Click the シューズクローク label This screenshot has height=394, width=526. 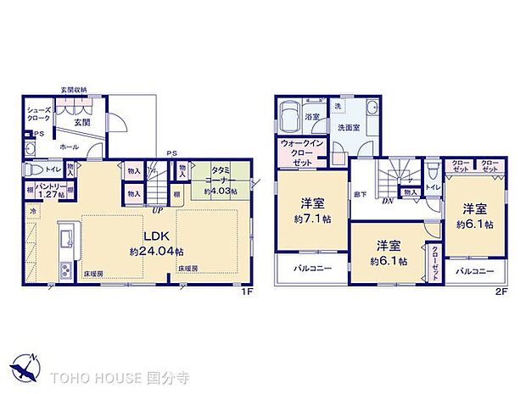[x=39, y=114]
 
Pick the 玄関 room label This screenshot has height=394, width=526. [x=81, y=123]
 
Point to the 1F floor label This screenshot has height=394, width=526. [x=247, y=291]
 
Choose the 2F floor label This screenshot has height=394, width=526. [x=501, y=291]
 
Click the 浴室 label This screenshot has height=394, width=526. [x=312, y=117]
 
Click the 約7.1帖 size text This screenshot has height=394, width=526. [x=311, y=217]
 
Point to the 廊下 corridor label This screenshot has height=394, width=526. [x=361, y=194]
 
